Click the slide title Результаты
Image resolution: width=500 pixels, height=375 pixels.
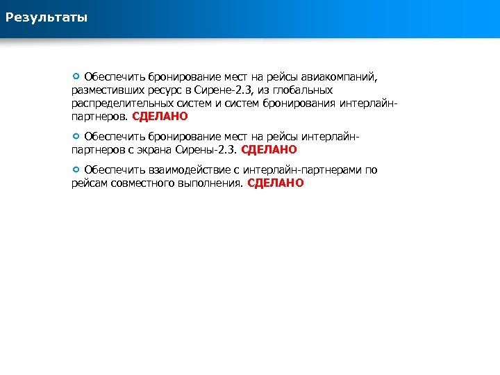coord(47,17)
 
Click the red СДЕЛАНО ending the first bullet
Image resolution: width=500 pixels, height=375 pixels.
coord(160,117)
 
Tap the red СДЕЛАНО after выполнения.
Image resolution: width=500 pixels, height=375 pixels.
coord(276,183)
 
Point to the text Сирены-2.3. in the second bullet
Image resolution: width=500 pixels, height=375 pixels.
coord(214,149)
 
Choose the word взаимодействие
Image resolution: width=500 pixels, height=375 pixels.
coord(184,170)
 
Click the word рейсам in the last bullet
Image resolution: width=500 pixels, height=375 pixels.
coord(88,183)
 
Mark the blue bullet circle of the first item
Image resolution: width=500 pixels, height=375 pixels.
coord(76,76)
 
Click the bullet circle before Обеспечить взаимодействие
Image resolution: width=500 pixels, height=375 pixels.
coord(76,169)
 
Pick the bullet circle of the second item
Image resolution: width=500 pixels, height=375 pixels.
coord(76,136)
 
